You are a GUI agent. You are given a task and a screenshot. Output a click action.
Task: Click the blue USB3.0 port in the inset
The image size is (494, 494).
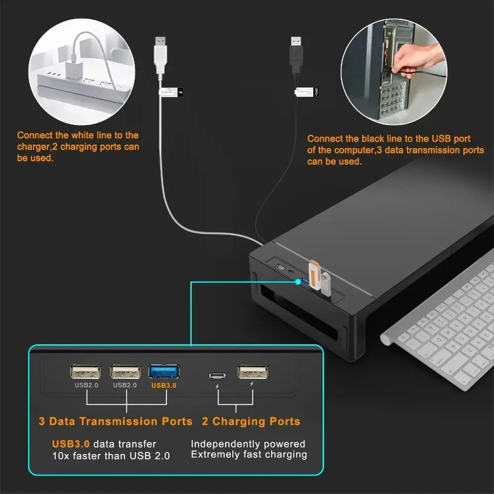[x=164, y=371]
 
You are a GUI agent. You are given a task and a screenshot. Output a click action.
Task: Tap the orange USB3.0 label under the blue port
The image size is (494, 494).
[x=164, y=385]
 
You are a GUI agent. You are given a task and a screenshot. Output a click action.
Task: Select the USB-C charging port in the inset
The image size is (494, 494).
[x=217, y=375]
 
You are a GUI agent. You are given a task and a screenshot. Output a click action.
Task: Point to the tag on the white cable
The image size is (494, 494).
[x=170, y=92]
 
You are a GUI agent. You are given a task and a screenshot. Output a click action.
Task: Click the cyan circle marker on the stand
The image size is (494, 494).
[x=298, y=282]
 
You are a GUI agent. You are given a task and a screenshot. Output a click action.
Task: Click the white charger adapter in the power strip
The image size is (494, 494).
[x=72, y=72]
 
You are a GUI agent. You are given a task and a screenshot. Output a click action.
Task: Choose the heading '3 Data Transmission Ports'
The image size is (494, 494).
[x=116, y=421]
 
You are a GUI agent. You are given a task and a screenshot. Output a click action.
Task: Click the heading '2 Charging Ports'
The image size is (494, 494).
[x=251, y=421]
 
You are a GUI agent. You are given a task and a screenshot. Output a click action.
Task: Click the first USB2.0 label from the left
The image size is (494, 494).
[x=86, y=385]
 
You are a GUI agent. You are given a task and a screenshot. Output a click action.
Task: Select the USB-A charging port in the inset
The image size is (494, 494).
[x=253, y=371]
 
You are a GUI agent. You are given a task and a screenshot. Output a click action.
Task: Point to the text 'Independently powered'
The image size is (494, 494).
[x=248, y=444]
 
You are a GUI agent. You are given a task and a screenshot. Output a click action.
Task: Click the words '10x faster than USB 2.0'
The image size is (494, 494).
[x=111, y=455]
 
